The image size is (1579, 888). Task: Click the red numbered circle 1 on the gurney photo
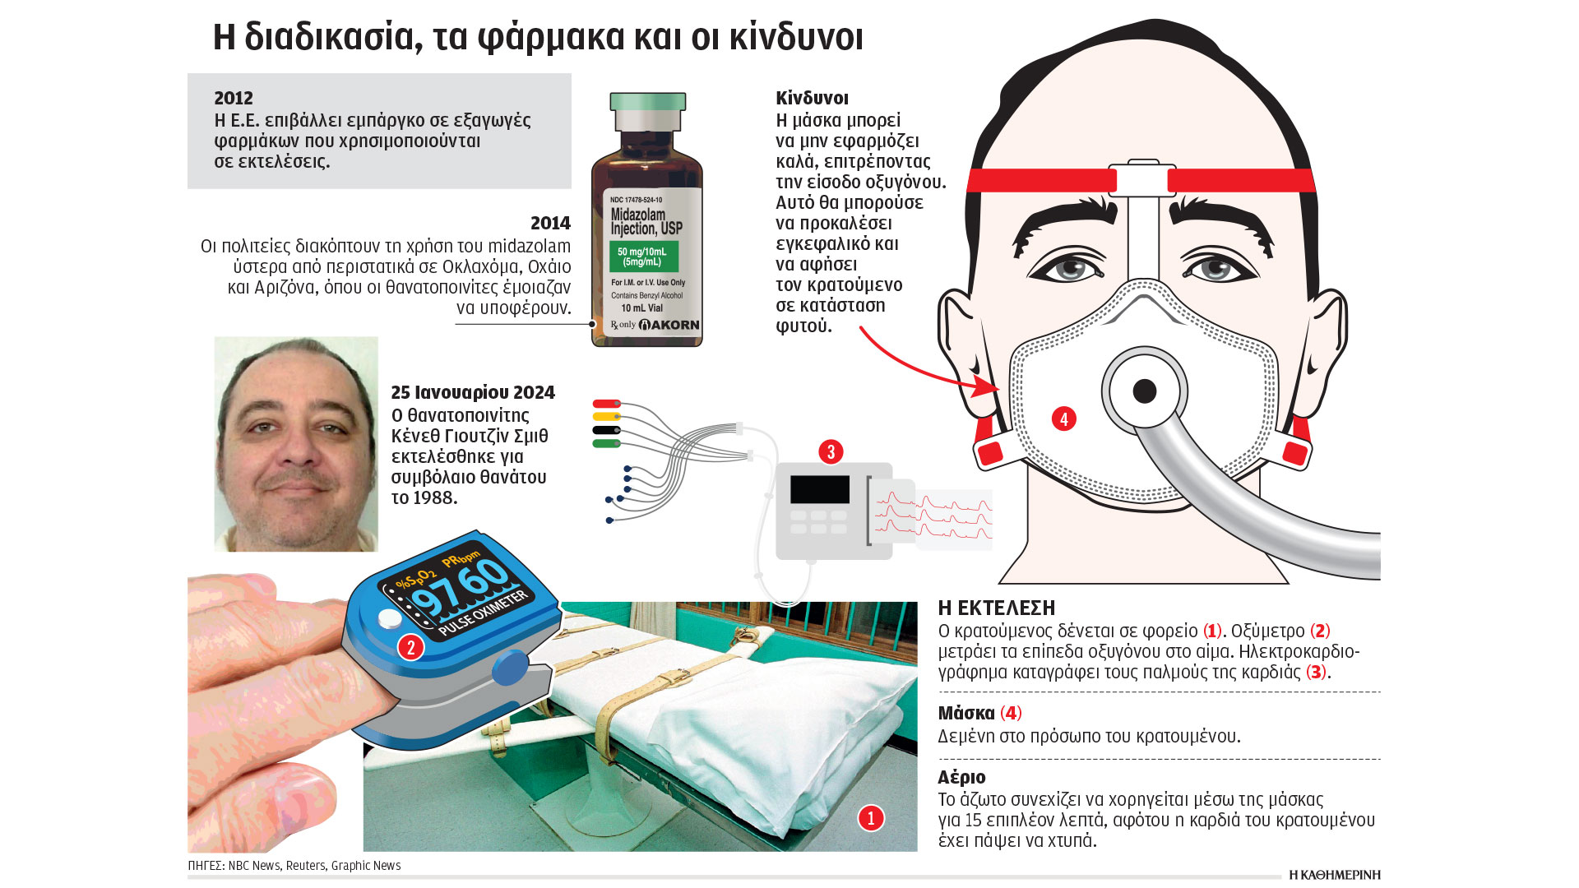pyautogui.click(x=871, y=817)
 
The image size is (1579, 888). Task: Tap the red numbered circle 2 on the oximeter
pyautogui.click(x=411, y=647)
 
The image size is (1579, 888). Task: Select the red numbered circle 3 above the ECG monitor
pyautogui.click(x=831, y=451)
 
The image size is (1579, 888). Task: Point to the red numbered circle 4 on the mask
pyautogui.click(x=1063, y=419)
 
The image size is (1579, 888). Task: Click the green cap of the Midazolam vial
pyautogui.click(x=647, y=102)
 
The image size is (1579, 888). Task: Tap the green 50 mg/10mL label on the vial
pyautogui.click(x=642, y=257)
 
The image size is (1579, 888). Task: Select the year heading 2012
pyautogui.click(x=234, y=98)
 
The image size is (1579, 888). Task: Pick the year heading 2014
pyautogui.click(x=550, y=223)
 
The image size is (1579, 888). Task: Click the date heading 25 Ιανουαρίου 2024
pyautogui.click(x=473, y=392)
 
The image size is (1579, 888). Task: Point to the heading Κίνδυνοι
pyautogui.click(x=812, y=98)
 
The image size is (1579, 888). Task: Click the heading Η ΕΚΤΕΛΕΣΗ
pyautogui.click(x=997, y=608)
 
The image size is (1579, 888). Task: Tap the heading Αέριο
pyautogui.click(x=961, y=777)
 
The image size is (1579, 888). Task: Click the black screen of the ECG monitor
pyautogui.click(x=820, y=489)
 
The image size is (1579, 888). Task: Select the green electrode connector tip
pyautogui.click(x=606, y=444)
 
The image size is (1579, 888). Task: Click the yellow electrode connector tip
pyautogui.click(x=606, y=417)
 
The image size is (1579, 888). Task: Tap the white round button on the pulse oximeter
pyautogui.click(x=390, y=619)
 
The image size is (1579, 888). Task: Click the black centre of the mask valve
pyautogui.click(x=1145, y=391)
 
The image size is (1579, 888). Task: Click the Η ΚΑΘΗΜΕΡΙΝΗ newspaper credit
pyautogui.click(x=1334, y=875)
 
